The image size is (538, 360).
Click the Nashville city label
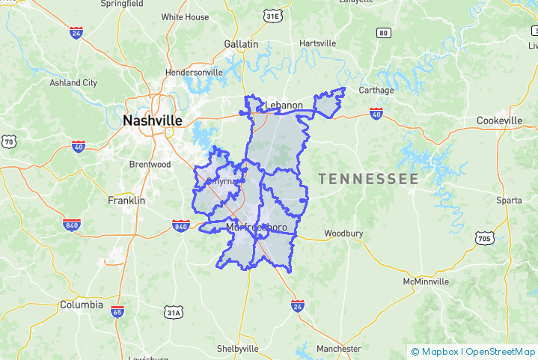click(x=152, y=120)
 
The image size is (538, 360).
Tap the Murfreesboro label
click(x=257, y=227)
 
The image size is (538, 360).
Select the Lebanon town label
click(x=284, y=106)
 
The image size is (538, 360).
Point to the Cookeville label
click(x=499, y=120)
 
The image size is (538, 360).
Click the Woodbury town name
click(x=343, y=234)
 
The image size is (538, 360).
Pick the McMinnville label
click(x=426, y=281)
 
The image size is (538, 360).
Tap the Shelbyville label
click(x=237, y=349)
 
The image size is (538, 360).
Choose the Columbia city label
click(x=82, y=305)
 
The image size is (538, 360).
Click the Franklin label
click(x=126, y=201)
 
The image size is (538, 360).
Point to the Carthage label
click(x=376, y=90)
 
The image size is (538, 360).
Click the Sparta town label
click(x=509, y=201)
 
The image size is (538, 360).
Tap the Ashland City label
click(x=73, y=82)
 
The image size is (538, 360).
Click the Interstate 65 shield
click(x=117, y=311)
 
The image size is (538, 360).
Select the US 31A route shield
click(x=174, y=312)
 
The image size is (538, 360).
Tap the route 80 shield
click(x=384, y=32)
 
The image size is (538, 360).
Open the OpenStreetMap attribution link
click(x=501, y=351)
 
